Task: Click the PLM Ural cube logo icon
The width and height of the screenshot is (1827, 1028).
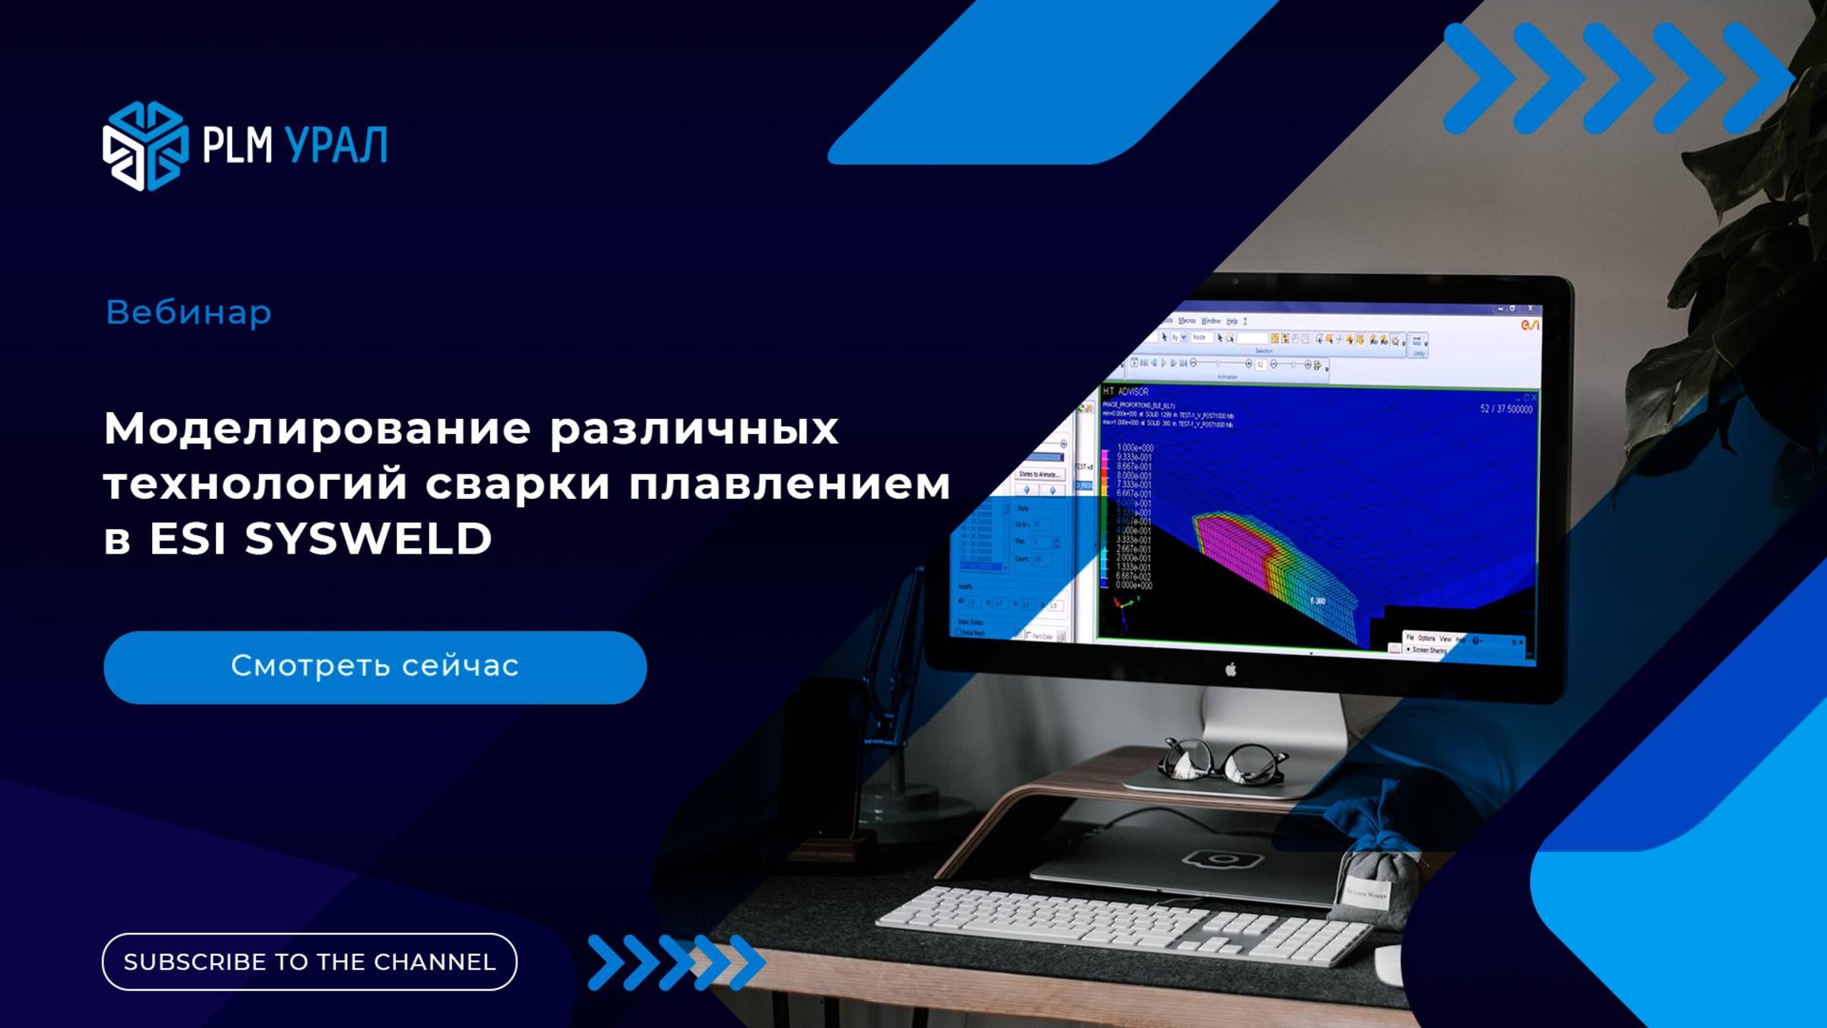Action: [x=145, y=145]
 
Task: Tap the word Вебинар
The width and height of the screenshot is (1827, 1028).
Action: [x=188, y=312]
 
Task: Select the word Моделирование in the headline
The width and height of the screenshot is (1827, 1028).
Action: [x=317, y=429]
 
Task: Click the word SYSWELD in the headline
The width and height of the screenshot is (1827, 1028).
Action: [x=368, y=538]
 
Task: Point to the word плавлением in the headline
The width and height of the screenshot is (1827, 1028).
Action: [x=789, y=484]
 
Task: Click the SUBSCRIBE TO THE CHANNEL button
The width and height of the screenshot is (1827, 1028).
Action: [x=309, y=962]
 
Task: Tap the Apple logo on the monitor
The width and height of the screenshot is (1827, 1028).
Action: [x=1231, y=669]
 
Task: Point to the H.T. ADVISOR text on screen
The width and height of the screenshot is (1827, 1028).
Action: [x=1126, y=391]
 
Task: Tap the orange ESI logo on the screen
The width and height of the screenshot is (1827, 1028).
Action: [x=1529, y=325]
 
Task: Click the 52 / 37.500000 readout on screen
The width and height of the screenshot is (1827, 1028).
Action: [x=1506, y=409]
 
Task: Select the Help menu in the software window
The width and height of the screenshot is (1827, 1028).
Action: [x=1232, y=321]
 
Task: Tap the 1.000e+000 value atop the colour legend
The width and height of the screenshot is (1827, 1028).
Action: [x=1134, y=448]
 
